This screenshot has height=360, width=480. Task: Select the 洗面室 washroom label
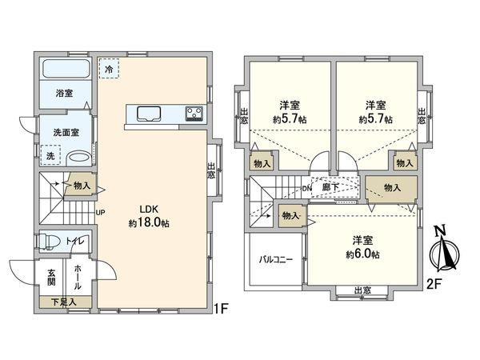pyautogui.click(x=65, y=131)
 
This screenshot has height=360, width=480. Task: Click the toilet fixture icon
pyautogui.click(x=51, y=240)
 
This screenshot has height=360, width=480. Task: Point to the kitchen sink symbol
pyautogui.click(x=149, y=113)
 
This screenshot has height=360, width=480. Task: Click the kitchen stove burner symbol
pyautogui.click(x=194, y=113)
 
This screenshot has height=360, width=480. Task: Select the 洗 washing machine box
pyautogui.click(x=50, y=153)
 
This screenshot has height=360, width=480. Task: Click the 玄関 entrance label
pyautogui.click(x=50, y=277)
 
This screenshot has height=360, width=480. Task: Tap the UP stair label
pyautogui.click(x=102, y=212)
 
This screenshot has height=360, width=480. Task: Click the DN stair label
pyautogui.click(x=306, y=189)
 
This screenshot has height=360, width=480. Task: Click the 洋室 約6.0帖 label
pyautogui.click(x=362, y=246)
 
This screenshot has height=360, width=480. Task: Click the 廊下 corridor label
pyautogui.click(x=329, y=188)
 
